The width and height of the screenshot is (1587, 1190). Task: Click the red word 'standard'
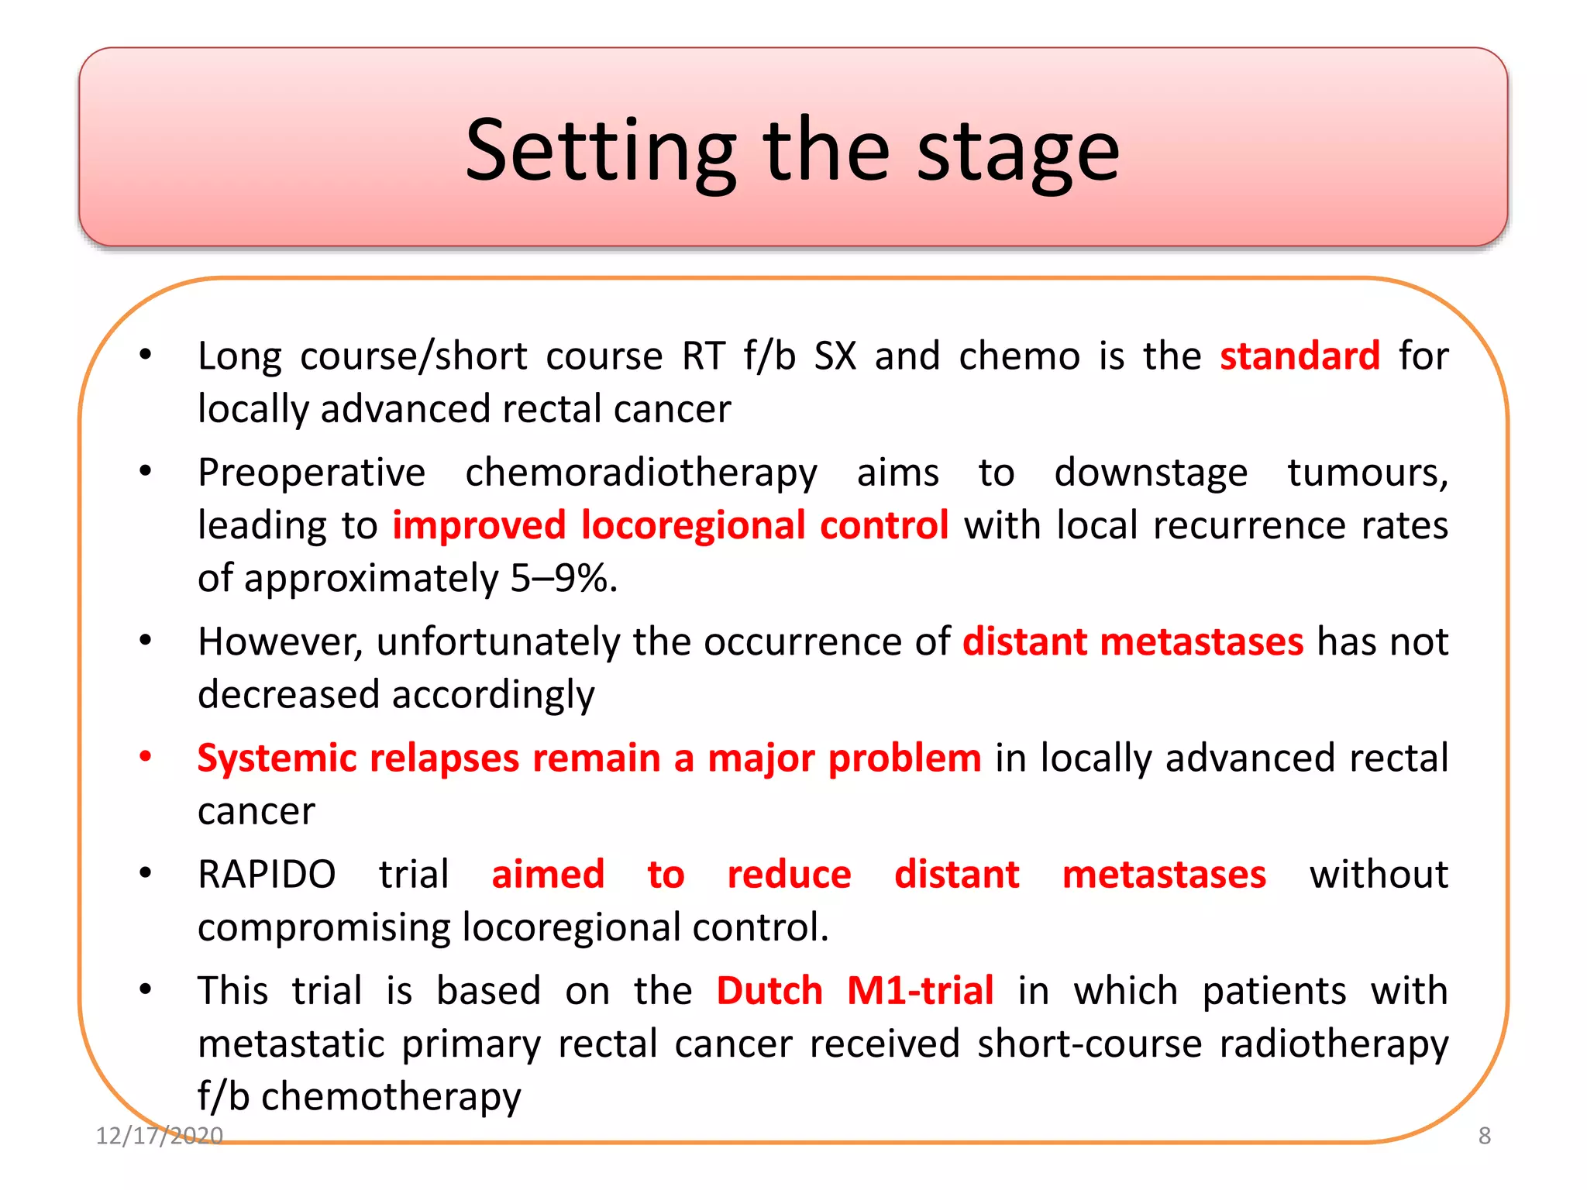1300,356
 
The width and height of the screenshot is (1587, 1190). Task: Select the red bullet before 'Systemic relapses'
145,757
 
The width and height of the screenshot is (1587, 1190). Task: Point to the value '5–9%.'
563,578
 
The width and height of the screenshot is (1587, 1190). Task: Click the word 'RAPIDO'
267,875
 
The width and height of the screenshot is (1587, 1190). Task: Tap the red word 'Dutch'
769,991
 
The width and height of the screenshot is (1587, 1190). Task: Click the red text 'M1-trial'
920,991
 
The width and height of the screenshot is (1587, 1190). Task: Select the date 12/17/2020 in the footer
159,1136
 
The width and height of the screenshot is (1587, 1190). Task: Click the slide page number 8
1484,1136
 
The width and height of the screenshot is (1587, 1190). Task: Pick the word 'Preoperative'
312,473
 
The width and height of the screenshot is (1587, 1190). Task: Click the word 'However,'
280,642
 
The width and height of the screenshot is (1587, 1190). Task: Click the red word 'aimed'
548,875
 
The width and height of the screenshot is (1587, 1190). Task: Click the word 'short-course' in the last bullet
1090,1044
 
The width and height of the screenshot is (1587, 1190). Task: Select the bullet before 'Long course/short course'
145,355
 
